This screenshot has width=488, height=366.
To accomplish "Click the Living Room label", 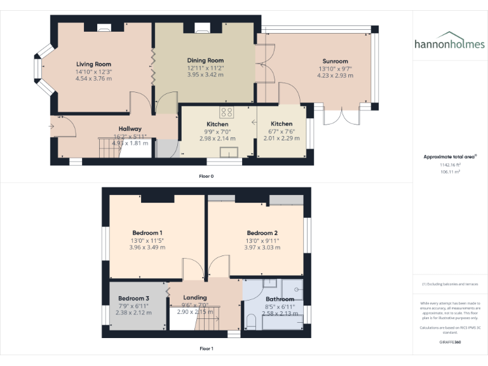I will click(93, 64).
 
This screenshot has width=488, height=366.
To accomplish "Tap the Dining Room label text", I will click(205, 60).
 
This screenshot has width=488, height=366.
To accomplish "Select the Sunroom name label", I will click(334, 61).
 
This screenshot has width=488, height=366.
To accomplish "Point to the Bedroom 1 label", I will click(147, 233).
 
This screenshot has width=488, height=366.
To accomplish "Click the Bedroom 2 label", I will click(262, 233).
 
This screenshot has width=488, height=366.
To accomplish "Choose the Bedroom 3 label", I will click(133, 298).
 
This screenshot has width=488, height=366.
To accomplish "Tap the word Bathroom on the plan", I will click(280, 299).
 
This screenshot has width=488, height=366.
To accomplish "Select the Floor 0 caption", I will click(207, 175).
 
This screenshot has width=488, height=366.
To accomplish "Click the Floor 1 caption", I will click(207, 348).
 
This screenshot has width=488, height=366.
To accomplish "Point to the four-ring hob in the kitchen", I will click(228, 112).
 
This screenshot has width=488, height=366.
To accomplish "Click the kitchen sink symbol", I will click(229, 151).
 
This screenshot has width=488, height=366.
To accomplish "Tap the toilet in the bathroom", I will click(250, 325).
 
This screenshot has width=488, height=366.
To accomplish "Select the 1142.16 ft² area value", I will click(450, 165).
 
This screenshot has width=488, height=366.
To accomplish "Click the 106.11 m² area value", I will click(450, 171).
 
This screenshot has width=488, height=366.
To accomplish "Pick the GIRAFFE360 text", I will click(450, 342).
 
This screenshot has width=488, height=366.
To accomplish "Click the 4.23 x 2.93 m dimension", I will click(334, 75).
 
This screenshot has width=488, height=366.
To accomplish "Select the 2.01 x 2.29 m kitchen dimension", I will click(281, 138).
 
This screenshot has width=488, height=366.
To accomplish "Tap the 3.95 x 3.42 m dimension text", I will click(205, 74).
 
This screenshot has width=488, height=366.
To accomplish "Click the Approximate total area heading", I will click(449, 156).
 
